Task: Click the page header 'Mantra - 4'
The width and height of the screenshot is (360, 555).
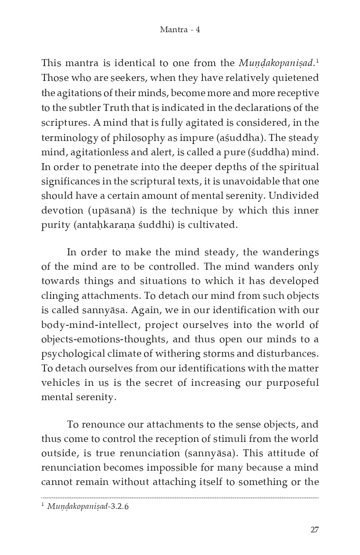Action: coord(180,30)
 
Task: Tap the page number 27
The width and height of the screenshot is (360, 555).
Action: coord(315,529)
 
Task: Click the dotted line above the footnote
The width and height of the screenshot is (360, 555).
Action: coord(180,498)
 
